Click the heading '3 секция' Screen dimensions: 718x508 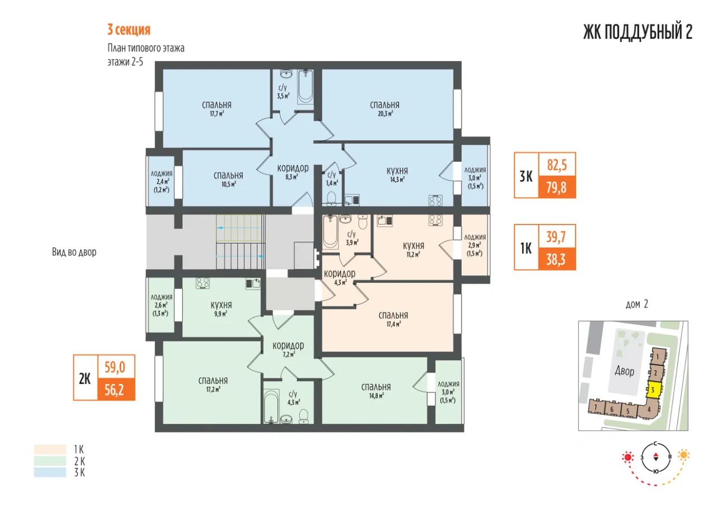[x=128, y=30]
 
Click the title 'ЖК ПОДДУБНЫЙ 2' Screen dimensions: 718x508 [x=638, y=32]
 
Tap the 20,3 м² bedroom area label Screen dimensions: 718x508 [x=385, y=113]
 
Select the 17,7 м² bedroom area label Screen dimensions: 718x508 [x=217, y=113]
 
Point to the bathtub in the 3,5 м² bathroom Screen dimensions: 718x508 [x=306, y=86]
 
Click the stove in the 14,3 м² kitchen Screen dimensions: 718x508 [x=435, y=200]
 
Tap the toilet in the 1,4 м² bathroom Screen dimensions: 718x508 [x=332, y=198]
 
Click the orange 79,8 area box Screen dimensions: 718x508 [x=557, y=187]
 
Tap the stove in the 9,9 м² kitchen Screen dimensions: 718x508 [x=202, y=283]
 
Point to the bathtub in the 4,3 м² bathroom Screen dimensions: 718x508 [x=271, y=406]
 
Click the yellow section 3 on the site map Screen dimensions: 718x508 [x=653, y=390]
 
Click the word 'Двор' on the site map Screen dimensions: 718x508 [x=624, y=372]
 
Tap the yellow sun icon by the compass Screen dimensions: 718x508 [x=684, y=455]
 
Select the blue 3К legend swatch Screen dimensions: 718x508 [x=50, y=473]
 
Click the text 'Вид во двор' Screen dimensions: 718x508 [x=74, y=252]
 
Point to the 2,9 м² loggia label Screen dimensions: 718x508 [x=475, y=245]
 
